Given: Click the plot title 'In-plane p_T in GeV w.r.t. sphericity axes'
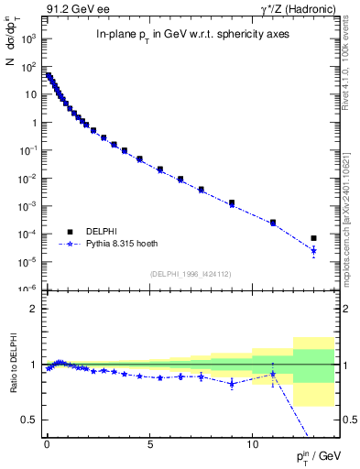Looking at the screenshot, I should [194, 34].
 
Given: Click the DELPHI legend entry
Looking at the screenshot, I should [99, 232].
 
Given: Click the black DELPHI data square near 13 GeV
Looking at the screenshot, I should [313, 238].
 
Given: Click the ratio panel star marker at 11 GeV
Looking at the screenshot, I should [273, 374].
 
